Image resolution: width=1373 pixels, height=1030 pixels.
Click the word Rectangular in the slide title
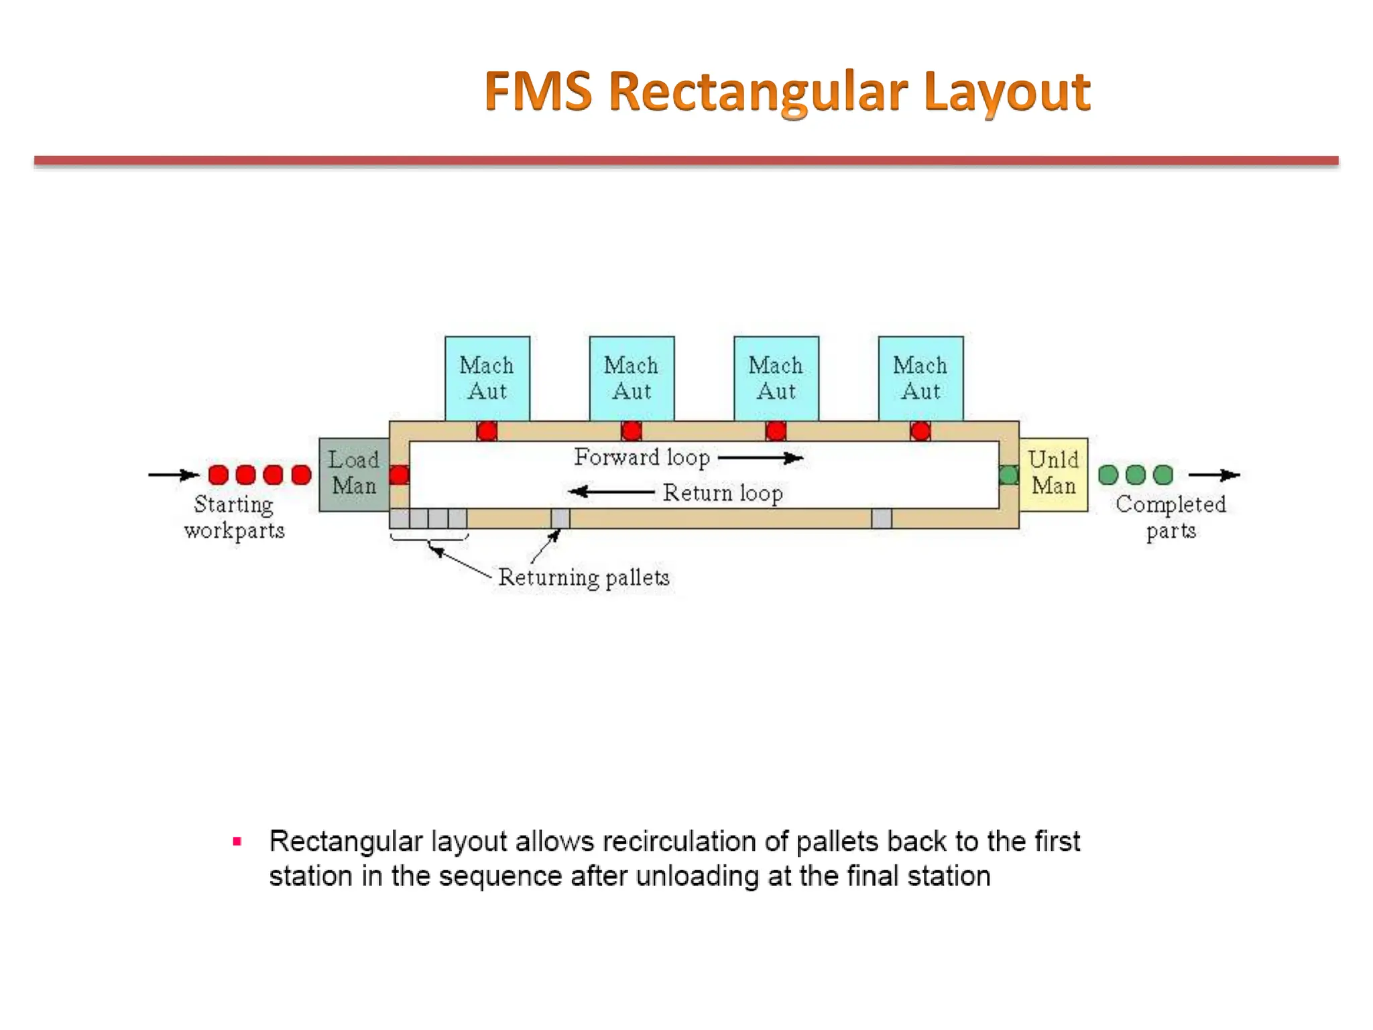[758, 92]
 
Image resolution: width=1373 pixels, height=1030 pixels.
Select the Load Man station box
[353, 473]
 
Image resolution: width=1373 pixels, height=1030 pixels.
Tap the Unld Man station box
[1053, 473]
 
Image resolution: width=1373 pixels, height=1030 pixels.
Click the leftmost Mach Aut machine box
[487, 379]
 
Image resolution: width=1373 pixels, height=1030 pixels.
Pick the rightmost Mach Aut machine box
[920, 379]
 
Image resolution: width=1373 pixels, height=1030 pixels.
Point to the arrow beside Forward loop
[760, 459]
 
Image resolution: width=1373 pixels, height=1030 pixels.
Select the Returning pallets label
[583, 578]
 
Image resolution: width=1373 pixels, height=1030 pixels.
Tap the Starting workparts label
[234, 517]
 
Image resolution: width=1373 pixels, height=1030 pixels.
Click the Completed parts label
[1171, 517]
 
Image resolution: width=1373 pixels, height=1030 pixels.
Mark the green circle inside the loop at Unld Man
[1008, 475]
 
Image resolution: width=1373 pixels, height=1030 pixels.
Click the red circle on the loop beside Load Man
[399, 475]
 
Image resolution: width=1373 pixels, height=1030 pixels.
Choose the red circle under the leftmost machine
[487, 431]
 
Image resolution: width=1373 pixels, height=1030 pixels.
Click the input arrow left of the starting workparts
[174, 475]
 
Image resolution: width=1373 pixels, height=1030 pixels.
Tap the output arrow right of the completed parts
[1214, 475]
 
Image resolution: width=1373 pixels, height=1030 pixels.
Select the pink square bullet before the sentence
[237, 842]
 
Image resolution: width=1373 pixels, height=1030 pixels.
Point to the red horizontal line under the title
[686, 161]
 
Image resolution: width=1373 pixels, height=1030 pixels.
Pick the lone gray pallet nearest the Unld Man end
[882, 518]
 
